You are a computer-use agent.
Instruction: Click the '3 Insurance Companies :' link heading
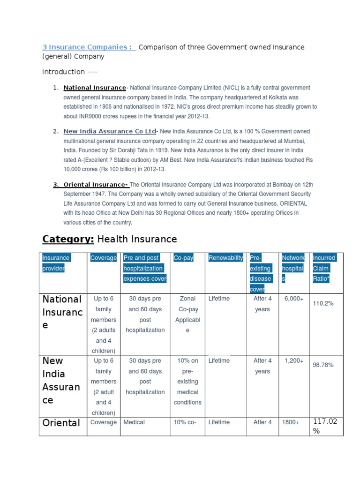coord(87,47)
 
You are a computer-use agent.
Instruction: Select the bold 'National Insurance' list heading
coord(95,88)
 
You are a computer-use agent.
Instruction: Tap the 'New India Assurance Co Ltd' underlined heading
coord(110,131)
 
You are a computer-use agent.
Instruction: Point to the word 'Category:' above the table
coord(68,239)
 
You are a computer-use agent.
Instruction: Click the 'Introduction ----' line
coord(70,72)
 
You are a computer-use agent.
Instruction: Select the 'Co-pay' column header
coord(183,258)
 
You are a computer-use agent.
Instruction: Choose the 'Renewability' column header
coord(225,258)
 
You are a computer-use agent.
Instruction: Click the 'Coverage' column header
coord(104,258)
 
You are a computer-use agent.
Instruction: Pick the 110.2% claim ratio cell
coord(323,303)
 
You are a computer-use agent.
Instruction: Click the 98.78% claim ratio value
coord(323,365)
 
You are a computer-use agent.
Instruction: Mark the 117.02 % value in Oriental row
coord(325,427)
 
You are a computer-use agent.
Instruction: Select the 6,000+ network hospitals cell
coord(294,299)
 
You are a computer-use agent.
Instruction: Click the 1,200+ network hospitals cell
coord(294,360)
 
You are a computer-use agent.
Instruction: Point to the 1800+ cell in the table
coord(291,422)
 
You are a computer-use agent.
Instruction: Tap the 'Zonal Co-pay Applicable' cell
coord(187,314)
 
